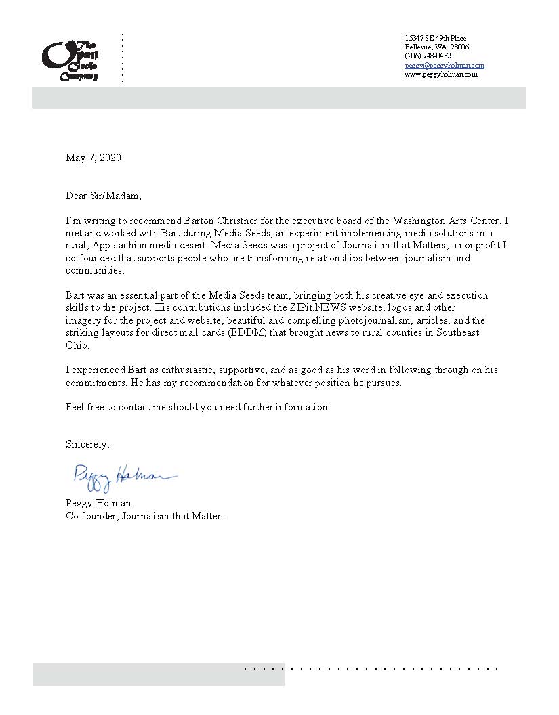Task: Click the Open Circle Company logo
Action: (70, 58)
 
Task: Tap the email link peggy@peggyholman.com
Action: (444, 65)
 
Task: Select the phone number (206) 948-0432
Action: (428, 56)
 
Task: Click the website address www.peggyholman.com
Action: (441, 74)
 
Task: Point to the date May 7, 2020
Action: (94, 158)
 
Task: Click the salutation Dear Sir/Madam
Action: (104, 196)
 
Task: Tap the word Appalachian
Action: (123, 245)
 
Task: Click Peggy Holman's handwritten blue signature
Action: (122, 475)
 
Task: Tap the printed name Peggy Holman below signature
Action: (98, 503)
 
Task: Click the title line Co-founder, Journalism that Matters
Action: (145, 516)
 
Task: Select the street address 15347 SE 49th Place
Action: (436, 38)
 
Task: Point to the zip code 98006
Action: (459, 47)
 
